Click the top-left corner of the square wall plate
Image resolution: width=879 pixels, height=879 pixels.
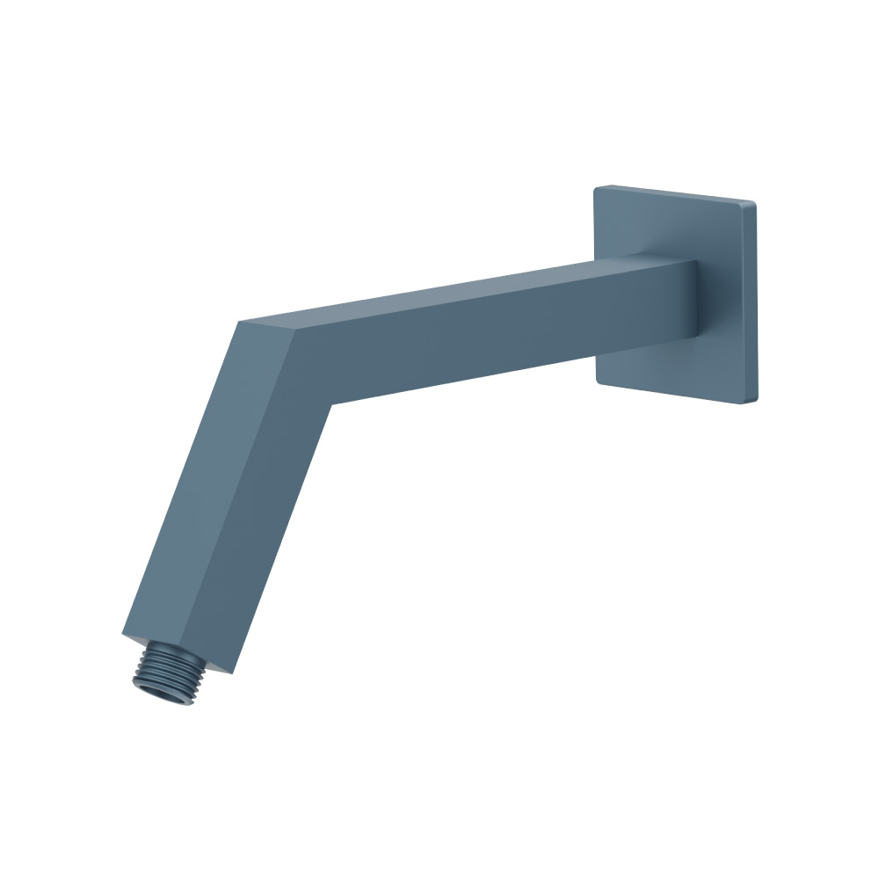click(596, 188)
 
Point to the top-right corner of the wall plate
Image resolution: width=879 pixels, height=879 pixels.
click(753, 204)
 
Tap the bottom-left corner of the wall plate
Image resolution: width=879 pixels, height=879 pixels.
click(598, 381)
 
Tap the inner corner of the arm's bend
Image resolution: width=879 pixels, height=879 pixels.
click(330, 404)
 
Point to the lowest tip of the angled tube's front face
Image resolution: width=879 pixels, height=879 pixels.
click(230, 672)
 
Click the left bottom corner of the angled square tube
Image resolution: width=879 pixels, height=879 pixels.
click(123, 632)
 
